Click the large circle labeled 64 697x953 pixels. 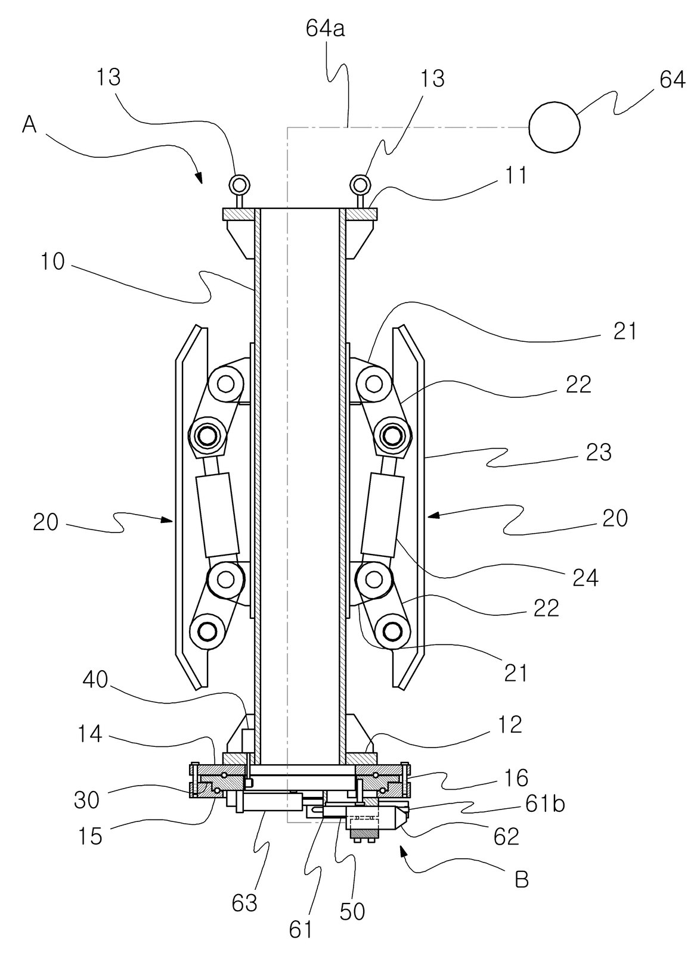pos(554,127)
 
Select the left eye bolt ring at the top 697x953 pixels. pos(239,185)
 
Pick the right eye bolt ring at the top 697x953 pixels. pos(360,185)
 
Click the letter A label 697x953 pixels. pos(29,125)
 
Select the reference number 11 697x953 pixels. pos(515,175)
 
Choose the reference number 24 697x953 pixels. pos(586,578)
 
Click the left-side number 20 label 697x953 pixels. pos(45,522)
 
